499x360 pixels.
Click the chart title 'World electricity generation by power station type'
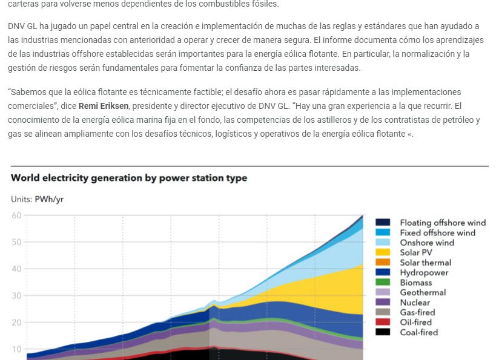(x=129, y=178)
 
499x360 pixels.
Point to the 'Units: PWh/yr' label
(x=37, y=199)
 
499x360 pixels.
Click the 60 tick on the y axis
(x=16, y=215)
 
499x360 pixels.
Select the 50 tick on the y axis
(x=16, y=242)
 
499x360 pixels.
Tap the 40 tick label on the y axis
(x=16, y=269)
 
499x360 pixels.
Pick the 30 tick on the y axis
(x=16, y=296)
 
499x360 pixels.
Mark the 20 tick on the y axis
(x=16, y=322)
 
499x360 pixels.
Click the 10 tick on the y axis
(x=16, y=349)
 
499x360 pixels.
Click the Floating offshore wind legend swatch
(x=383, y=223)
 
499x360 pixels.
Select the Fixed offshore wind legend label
(x=437, y=232)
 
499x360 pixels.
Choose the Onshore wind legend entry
(x=426, y=243)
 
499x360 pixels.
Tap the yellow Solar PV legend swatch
(x=383, y=252)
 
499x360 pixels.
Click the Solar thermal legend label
(x=425, y=263)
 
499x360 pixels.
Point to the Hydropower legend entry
(x=425, y=272)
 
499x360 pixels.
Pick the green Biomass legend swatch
(x=383, y=283)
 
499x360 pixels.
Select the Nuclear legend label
(x=415, y=303)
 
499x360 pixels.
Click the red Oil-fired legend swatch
(x=383, y=322)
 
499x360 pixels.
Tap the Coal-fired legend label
(x=418, y=332)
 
